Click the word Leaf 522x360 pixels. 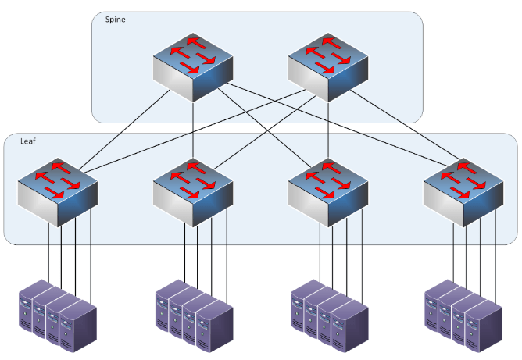[27, 143]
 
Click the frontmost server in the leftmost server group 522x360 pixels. [78, 324]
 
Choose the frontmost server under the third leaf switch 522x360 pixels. [349, 324]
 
